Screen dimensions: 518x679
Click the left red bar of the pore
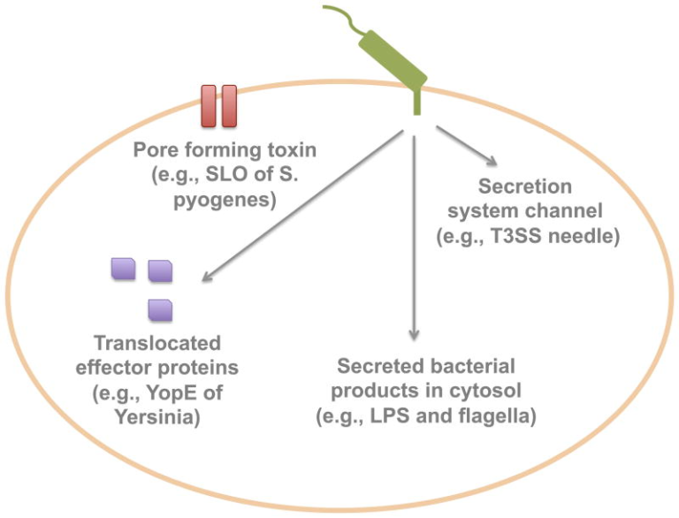209,105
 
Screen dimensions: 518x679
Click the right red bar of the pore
229,105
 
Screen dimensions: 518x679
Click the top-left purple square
123,269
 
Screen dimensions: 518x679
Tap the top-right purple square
160,270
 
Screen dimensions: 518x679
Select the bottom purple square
160,309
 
